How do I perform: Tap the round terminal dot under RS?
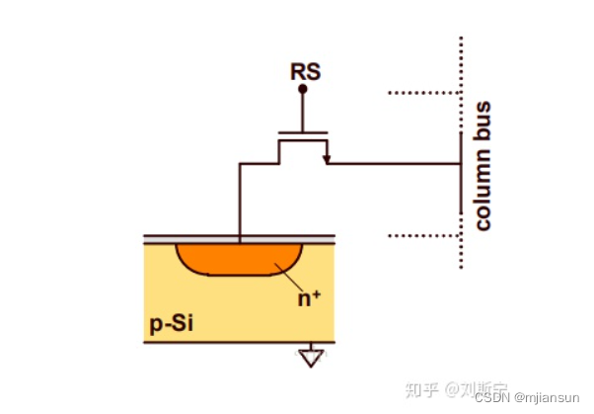pyautogui.click(x=303, y=89)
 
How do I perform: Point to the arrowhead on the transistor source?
pyautogui.click(x=326, y=157)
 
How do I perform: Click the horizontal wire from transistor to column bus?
pyautogui.click(x=395, y=164)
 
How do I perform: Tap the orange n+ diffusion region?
pyautogui.click(x=237, y=257)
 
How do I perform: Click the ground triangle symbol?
pyautogui.click(x=311, y=358)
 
